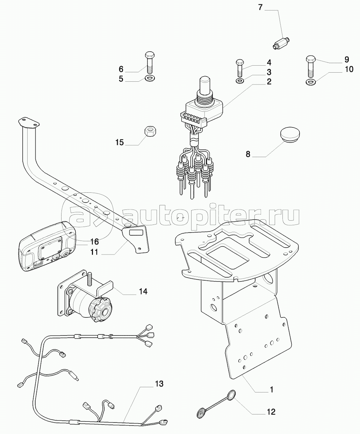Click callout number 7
click(x=260, y=7)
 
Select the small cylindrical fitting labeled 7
click(x=281, y=43)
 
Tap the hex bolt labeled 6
click(x=149, y=62)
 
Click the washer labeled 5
click(x=150, y=79)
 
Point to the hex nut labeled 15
click(x=150, y=132)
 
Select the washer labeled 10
click(x=310, y=82)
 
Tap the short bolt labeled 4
click(x=239, y=68)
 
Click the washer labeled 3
click(x=240, y=81)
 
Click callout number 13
click(x=159, y=384)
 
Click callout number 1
click(x=272, y=390)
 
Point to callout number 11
click(x=94, y=252)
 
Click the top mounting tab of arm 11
click(x=29, y=123)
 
